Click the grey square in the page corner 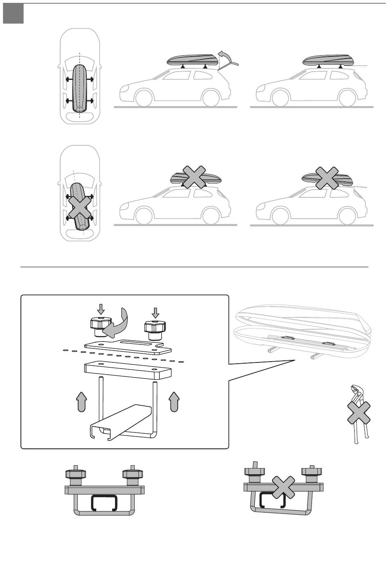[x=13, y=14]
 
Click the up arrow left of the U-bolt [x=82, y=401]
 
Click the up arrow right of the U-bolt [x=174, y=401]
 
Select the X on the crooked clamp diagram [x=283, y=491]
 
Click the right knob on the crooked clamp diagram [x=311, y=474]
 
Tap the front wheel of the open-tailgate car [x=145, y=97]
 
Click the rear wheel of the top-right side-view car [x=347, y=97]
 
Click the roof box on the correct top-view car [x=79, y=88]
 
